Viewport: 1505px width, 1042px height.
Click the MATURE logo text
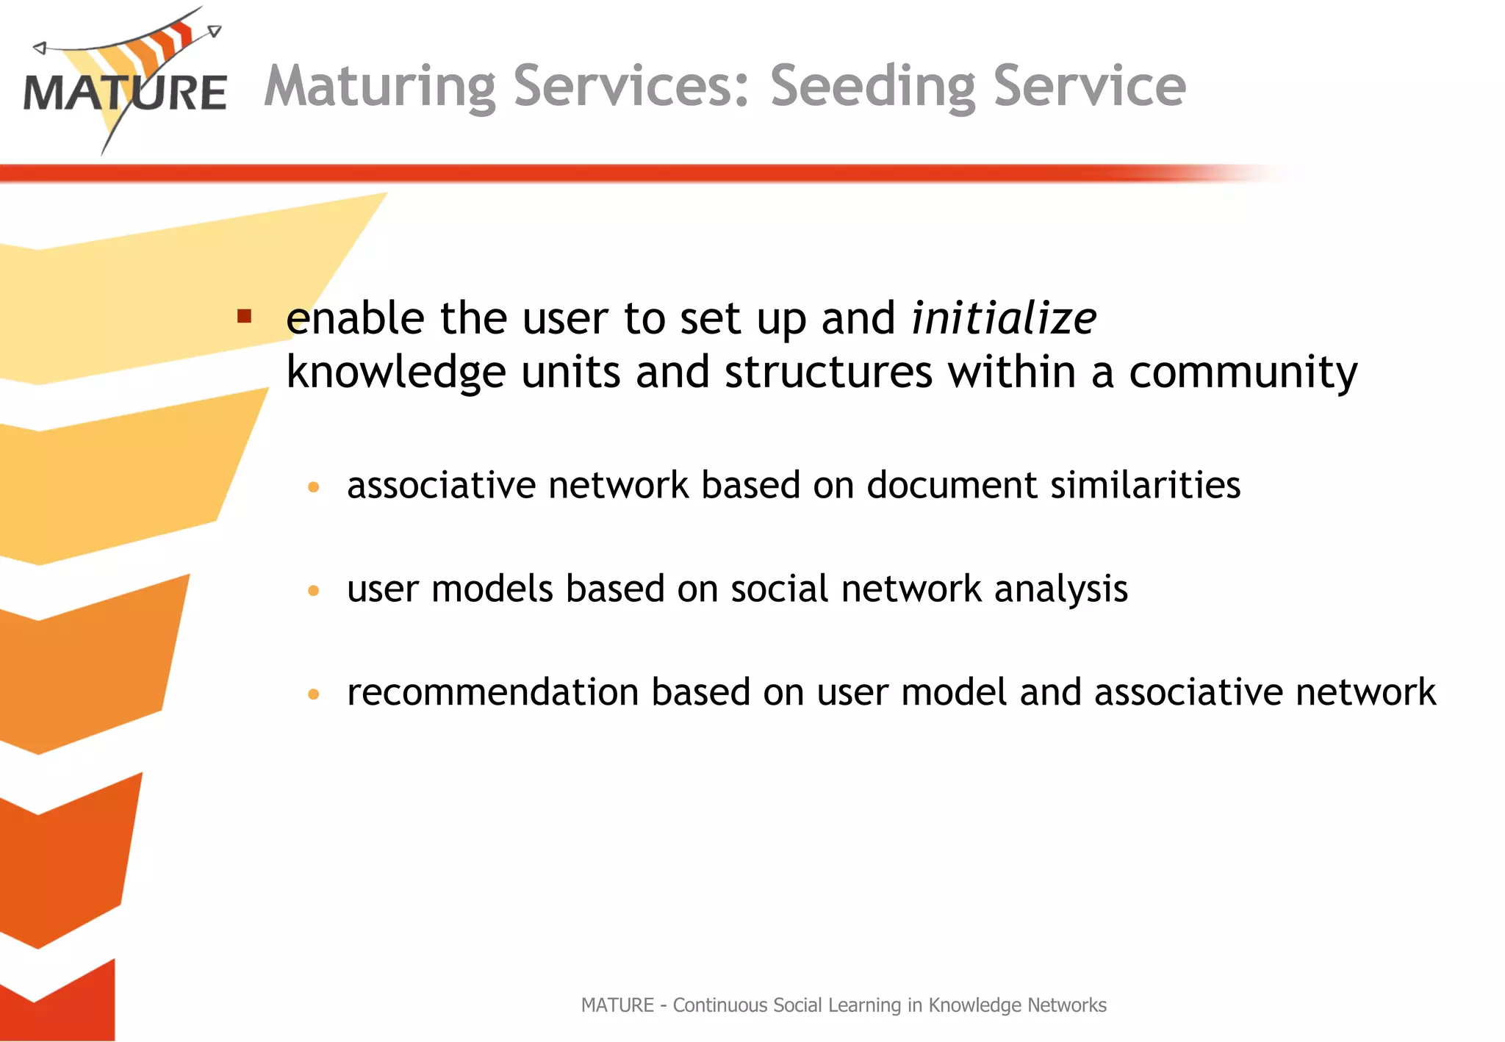125,93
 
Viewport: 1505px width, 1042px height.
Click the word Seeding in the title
873,87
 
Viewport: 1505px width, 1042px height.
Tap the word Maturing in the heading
380,87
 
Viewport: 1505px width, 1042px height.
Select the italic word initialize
1004,318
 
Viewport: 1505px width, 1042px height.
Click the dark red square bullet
245,317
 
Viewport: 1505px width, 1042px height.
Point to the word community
1243,373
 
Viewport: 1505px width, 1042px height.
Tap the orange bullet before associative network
314,486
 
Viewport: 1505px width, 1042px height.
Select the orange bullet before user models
314,590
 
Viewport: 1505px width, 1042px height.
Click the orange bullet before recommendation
314,694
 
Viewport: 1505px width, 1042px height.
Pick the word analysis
1060,589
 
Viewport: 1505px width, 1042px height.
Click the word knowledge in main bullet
395,373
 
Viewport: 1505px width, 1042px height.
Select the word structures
828,373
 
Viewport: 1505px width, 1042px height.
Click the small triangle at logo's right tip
215,31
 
